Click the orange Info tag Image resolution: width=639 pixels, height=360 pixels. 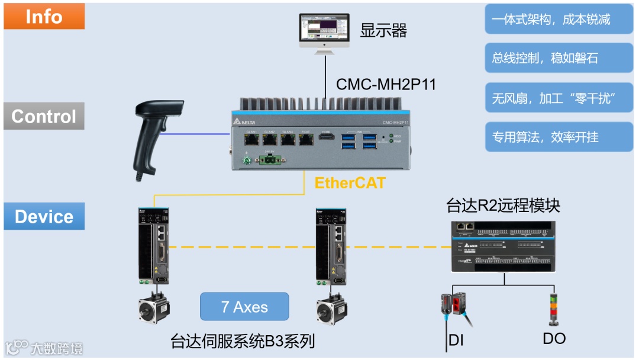pyautogui.click(x=44, y=16)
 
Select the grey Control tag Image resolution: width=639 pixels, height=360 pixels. pyautogui.click(x=44, y=116)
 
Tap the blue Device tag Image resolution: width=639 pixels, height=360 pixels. pyautogui.click(x=44, y=216)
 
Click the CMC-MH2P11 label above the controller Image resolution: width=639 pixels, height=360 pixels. pyautogui.click(x=386, y=84)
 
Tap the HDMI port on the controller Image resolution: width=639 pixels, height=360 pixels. pyautogui.click(x=327, y=138)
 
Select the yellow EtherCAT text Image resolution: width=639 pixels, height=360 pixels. pyautogui.click(x=350, y=182)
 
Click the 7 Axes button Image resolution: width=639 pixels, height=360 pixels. pyautogui.click(x=244, y=307)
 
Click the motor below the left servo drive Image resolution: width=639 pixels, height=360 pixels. pyautogui.click(x=154, y=307)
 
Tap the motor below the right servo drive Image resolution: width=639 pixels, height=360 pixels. pyautogui.click(x=331, y=307)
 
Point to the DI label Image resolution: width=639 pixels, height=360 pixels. pyautogui.click(x=456, y=340)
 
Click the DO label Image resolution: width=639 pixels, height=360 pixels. pyautogui.click(x=554, y=339)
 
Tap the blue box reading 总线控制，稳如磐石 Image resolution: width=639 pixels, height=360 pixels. pyautogui.click(x=559, y=58)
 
